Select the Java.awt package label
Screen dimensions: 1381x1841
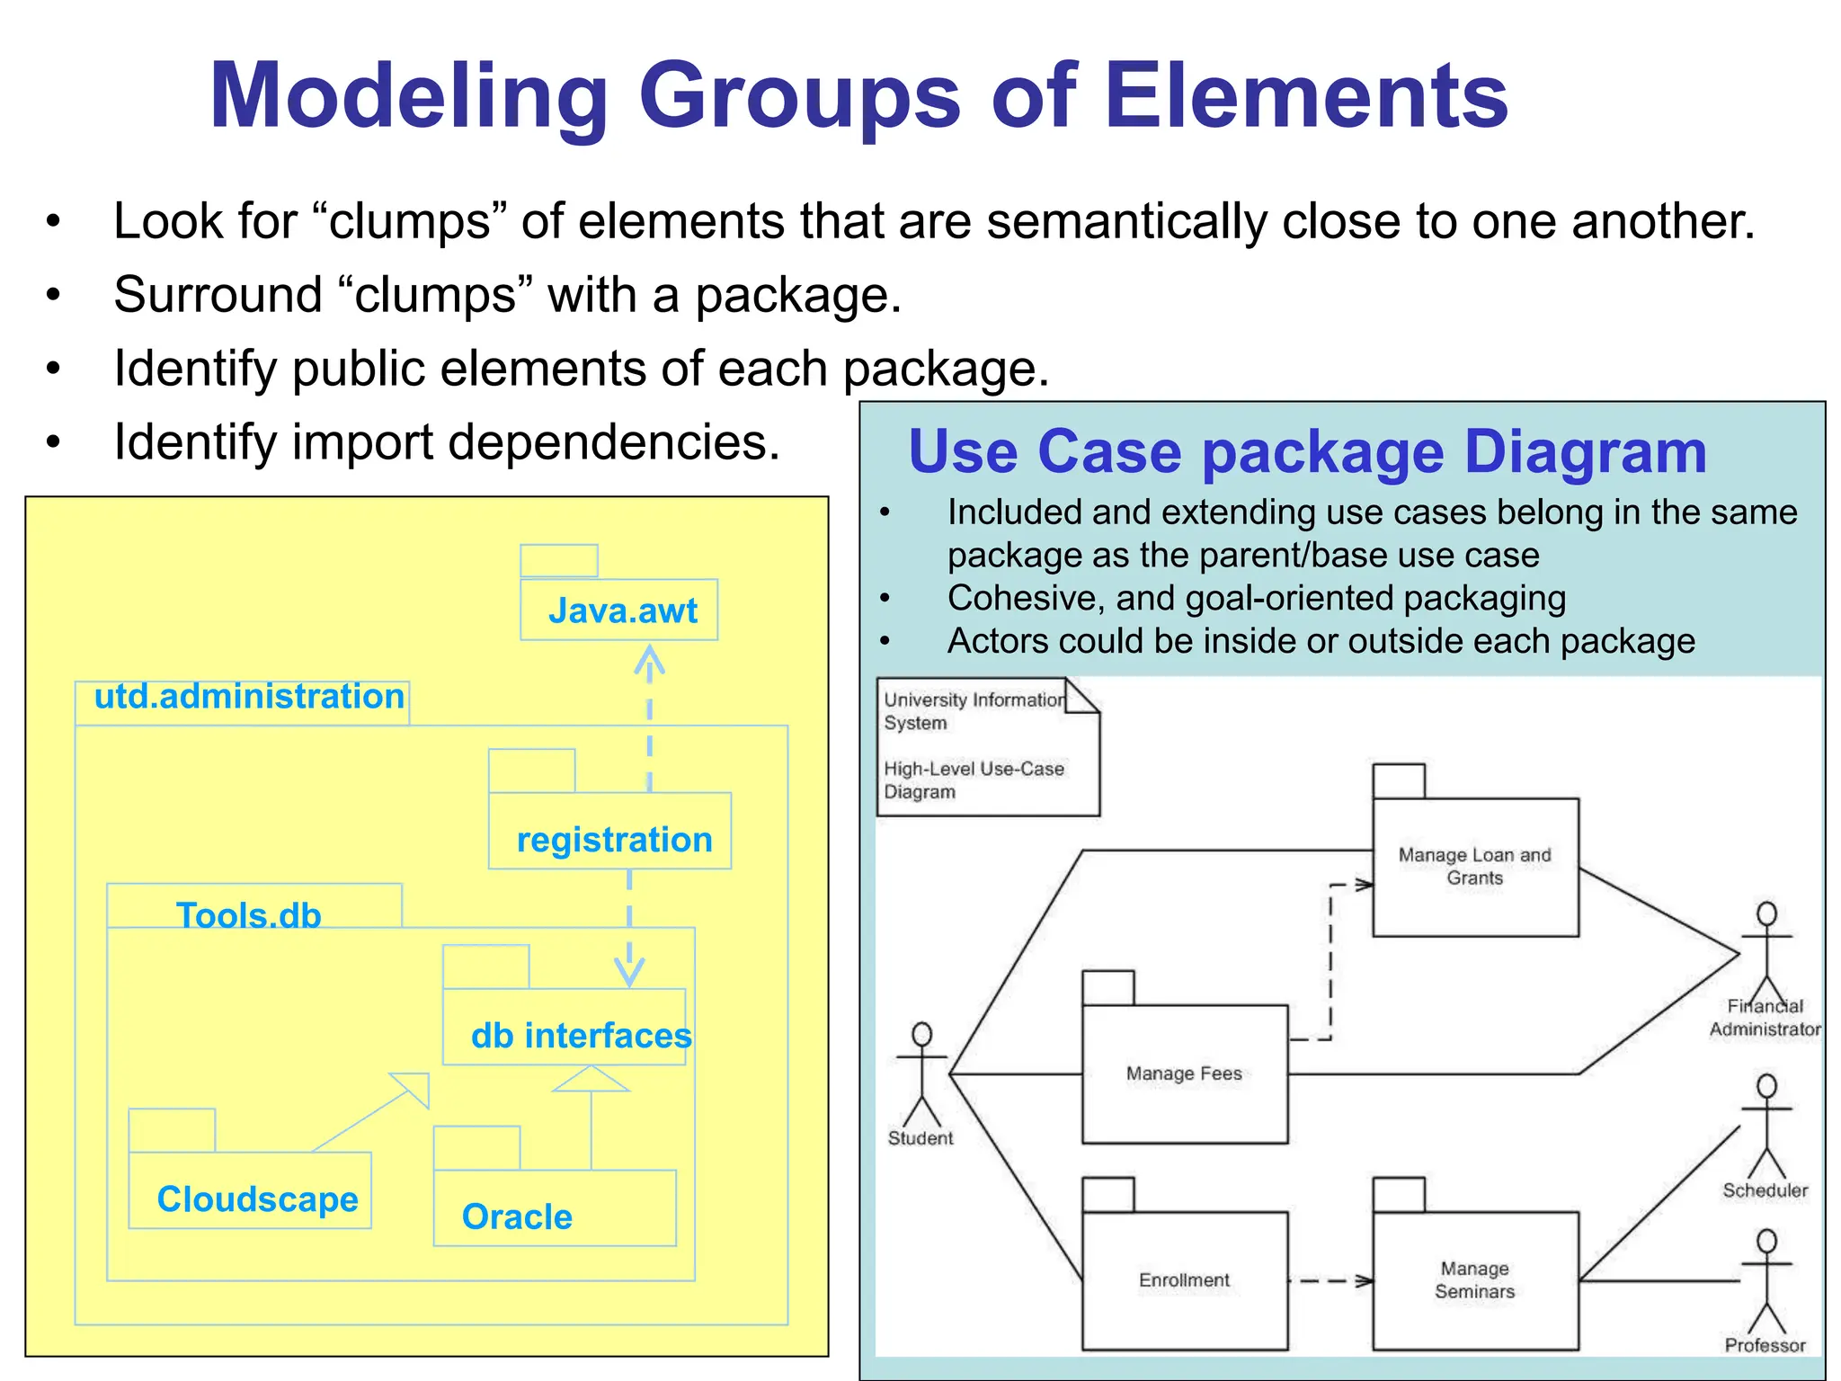click(622, 611)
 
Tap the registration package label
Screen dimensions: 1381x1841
click(614, 840)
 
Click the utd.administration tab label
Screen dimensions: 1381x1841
click(249, 697)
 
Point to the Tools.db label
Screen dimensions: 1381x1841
click(249, 914)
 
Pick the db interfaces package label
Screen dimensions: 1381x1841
click(581, 1036)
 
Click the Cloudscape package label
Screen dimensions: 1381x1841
click(257, 1199)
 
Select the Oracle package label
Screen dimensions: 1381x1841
click(517, 1216)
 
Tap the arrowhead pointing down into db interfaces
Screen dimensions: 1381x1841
click(629, 974)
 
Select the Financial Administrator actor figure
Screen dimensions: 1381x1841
click(1766, 953)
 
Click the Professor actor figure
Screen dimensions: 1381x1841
click(1766, 1281)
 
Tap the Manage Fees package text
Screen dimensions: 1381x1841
click(1184, 1074)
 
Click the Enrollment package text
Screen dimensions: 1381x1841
click(1184, 1280)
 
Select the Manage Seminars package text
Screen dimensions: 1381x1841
click(1474, 1280)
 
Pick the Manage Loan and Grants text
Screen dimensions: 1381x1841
click(1474, 867)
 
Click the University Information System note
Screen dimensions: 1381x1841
click(986, 746)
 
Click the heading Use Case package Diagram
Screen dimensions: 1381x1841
click(1307, 451)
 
